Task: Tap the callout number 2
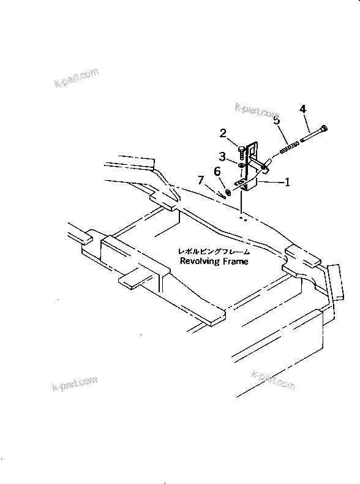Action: pyautogui.click(x=223, y=133)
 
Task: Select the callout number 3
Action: pyautogui.click(x=223, y=156)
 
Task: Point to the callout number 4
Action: pyautogui.click(x=302, y=110)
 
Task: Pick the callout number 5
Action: pyautogui.click(x=277, y=121)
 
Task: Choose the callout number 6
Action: pyautogui.click(x=217, y=172)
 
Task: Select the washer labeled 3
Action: pyautogui.click(x=242, y=164)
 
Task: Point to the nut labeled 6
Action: pyautogui.click(x=228, y=192)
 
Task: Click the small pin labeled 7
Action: pyautogui.click(x=219, y=195)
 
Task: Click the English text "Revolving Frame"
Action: pyautogui.click(x=214, y=261)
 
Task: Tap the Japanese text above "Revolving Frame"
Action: pyautogui.click(x=214, y=251)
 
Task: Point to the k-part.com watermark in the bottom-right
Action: pyautogui.click(x=272, y=378)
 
